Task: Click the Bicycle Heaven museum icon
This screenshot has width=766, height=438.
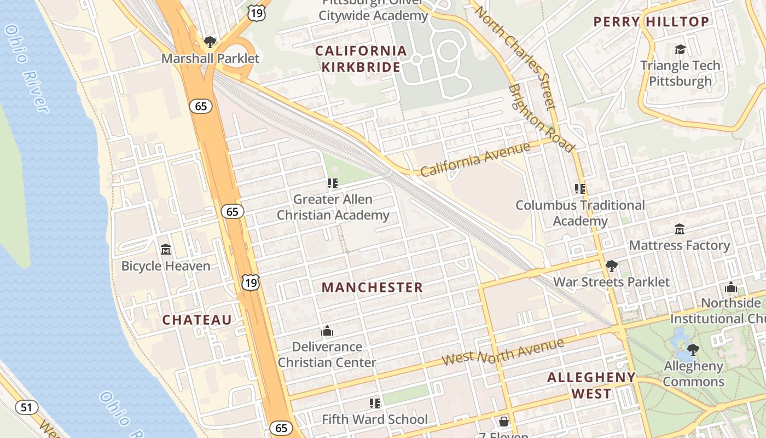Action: tap(166, 250)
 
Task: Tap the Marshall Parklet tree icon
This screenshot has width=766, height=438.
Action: tap(210, 42)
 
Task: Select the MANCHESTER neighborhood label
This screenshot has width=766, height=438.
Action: tap(372, 287)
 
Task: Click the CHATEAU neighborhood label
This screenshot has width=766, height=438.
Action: tap(197, 320)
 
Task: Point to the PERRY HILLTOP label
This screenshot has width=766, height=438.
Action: tap(651, 22)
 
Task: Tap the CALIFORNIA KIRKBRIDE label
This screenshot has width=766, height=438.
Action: tap(361, 59)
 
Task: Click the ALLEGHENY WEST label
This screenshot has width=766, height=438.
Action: tap(591, 385)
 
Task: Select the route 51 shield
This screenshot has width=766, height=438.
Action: tap(26, 407)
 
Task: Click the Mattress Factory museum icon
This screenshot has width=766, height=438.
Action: tap(680, 229)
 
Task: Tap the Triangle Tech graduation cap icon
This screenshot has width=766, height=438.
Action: tap(680, 50)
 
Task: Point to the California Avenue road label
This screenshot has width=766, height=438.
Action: tap(475, 159)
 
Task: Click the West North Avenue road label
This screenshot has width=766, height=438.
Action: tap(502, 351)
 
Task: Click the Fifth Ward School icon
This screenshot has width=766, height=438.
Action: tap(375, 404)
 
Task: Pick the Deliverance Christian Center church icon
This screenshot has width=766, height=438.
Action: tap(327, 331)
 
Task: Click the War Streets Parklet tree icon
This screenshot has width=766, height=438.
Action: tap(611, 267)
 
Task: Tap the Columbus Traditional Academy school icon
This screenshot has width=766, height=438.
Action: tap(580, 189)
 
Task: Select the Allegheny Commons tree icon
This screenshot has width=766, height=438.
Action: tap(693, 349)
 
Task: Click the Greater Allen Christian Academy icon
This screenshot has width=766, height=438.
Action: tap(333, 183)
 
